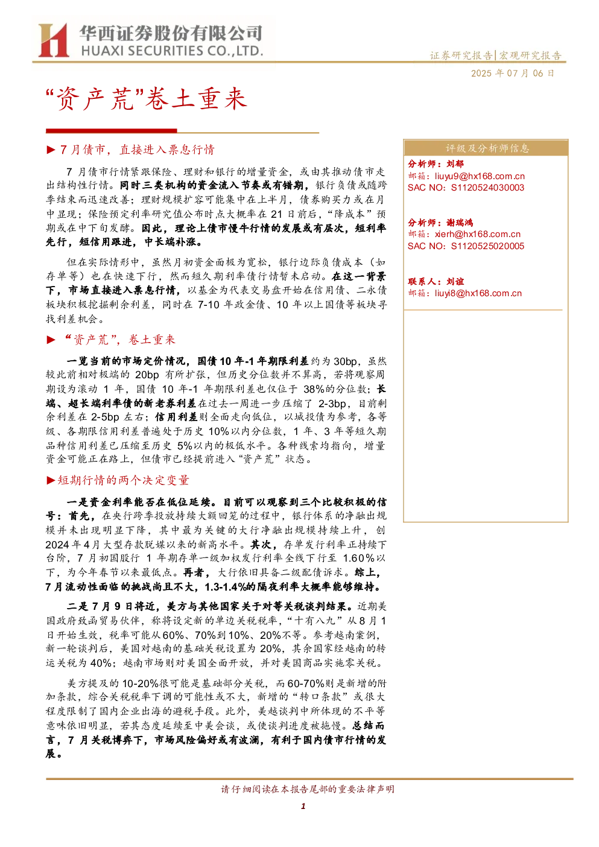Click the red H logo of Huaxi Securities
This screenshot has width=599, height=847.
(x=53, y=40)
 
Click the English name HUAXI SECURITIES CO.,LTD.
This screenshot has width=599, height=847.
(x=172, y=51)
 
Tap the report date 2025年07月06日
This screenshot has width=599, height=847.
(x=512, y=73)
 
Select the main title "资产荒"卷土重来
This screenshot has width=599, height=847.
(x=147, y=99)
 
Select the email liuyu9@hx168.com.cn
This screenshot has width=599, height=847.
(x=480, y=176)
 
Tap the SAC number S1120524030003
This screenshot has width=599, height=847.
(x=487, y=188)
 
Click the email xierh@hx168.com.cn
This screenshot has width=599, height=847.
(x=478, y=235)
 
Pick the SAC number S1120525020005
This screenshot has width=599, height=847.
(x=487, y=246)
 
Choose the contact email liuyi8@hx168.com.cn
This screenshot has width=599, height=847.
(x=478, y=293)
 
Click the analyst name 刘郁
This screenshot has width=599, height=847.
(x=455, y=163)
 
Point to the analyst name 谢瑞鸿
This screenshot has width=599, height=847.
(x=460, y=223)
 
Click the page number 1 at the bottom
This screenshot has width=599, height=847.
(x=303, y=806)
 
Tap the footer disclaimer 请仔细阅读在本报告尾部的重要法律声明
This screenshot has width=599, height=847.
(x=308, y=789)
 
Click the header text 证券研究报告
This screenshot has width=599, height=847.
(x=461, y=56)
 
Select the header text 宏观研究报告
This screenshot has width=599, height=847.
(x=530, y=56)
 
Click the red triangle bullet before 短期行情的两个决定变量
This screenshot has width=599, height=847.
(x=51, y=481)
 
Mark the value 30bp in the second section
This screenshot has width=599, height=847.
(x=345, y=361)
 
